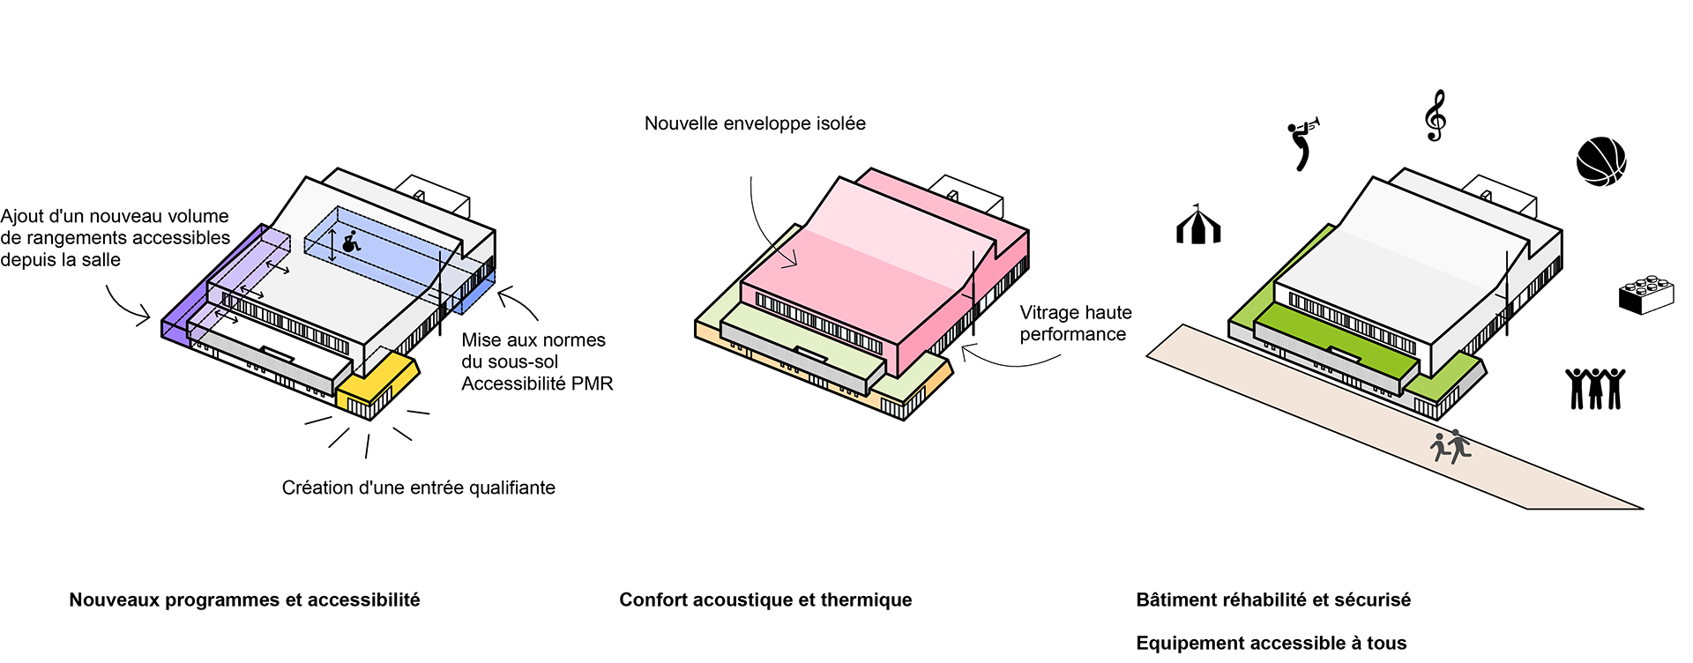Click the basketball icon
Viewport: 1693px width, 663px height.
point(1600,161)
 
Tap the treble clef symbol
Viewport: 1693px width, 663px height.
point(1436,115)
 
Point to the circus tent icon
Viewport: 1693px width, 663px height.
point(1198,225)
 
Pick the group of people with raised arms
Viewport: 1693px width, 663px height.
point(1594,389)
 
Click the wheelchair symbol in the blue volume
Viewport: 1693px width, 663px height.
point(351,242)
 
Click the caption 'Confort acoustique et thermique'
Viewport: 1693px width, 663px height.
point(765,600)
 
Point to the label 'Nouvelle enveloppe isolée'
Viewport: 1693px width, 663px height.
point(755,123)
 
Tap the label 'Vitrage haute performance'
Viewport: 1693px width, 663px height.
point(1075,324)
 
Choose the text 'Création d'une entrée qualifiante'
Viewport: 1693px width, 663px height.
point(418,488)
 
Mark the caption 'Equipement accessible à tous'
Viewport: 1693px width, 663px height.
point(1271,644)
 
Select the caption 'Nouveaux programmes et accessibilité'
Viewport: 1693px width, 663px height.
point(244,600)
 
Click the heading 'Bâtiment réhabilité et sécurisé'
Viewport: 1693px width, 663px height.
point(1272,600)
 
